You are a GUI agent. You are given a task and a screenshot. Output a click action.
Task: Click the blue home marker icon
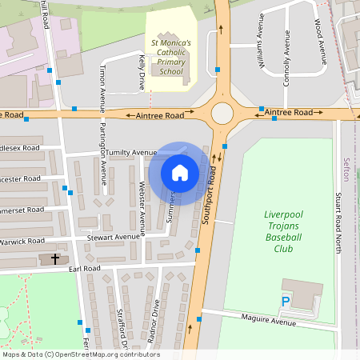pos(180,173)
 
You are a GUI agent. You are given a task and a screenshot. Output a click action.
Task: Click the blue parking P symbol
pos(286,302)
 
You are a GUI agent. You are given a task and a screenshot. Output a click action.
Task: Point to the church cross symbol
pos(55,258)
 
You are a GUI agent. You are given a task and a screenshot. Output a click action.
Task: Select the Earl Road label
pos(84,270)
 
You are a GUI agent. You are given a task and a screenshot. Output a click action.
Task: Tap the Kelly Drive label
pos(141,72)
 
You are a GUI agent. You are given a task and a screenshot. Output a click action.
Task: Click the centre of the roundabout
pos(222,114)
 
